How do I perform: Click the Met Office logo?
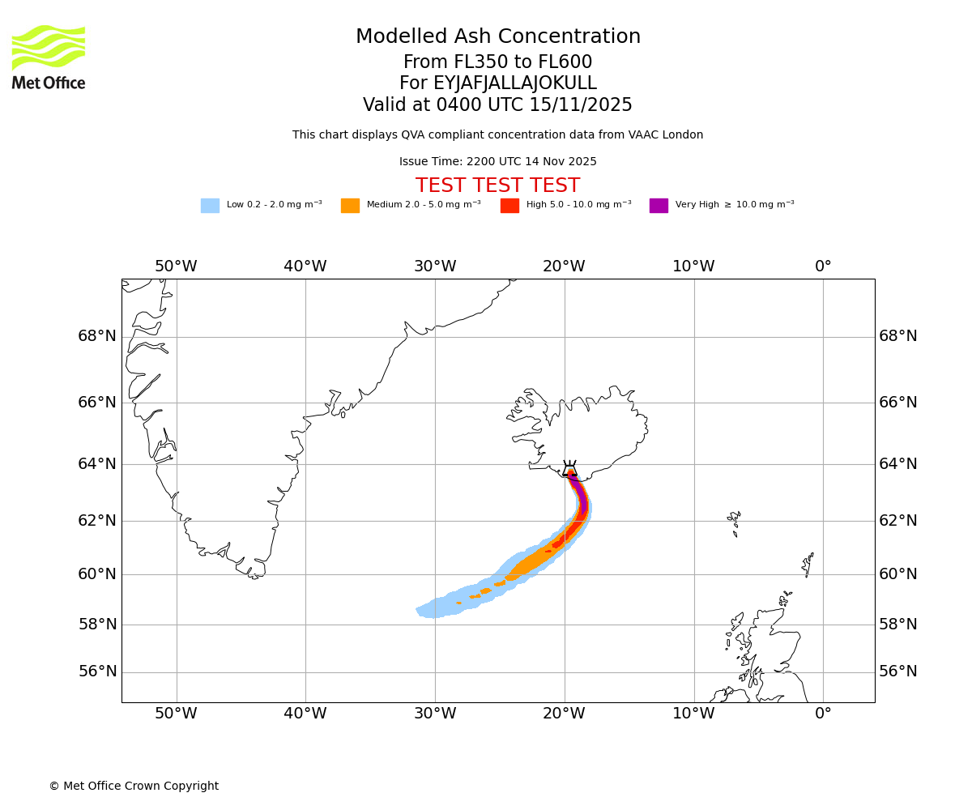coord(49,57)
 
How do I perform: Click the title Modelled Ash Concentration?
coord(497,37)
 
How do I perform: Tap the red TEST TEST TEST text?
coord(497,186)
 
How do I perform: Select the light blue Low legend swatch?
coord(210,206)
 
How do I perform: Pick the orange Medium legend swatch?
coord(350,206)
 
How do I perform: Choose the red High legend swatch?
coord(509,206)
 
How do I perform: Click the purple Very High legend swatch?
coord(659,206)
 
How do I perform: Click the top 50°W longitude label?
coord(176,266)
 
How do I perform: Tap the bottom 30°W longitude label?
coord(435,714)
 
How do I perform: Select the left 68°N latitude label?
coord(97,336)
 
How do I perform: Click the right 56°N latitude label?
coord(898,671)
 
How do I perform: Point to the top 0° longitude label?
coord(823,266)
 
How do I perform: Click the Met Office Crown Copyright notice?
coord(134,787)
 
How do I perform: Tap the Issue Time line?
coord(497,162)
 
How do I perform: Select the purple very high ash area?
coord(580,494)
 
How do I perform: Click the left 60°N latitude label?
coord(97,574)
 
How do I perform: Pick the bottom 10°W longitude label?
coord(693,714)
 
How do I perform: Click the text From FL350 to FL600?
coord(497,62)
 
